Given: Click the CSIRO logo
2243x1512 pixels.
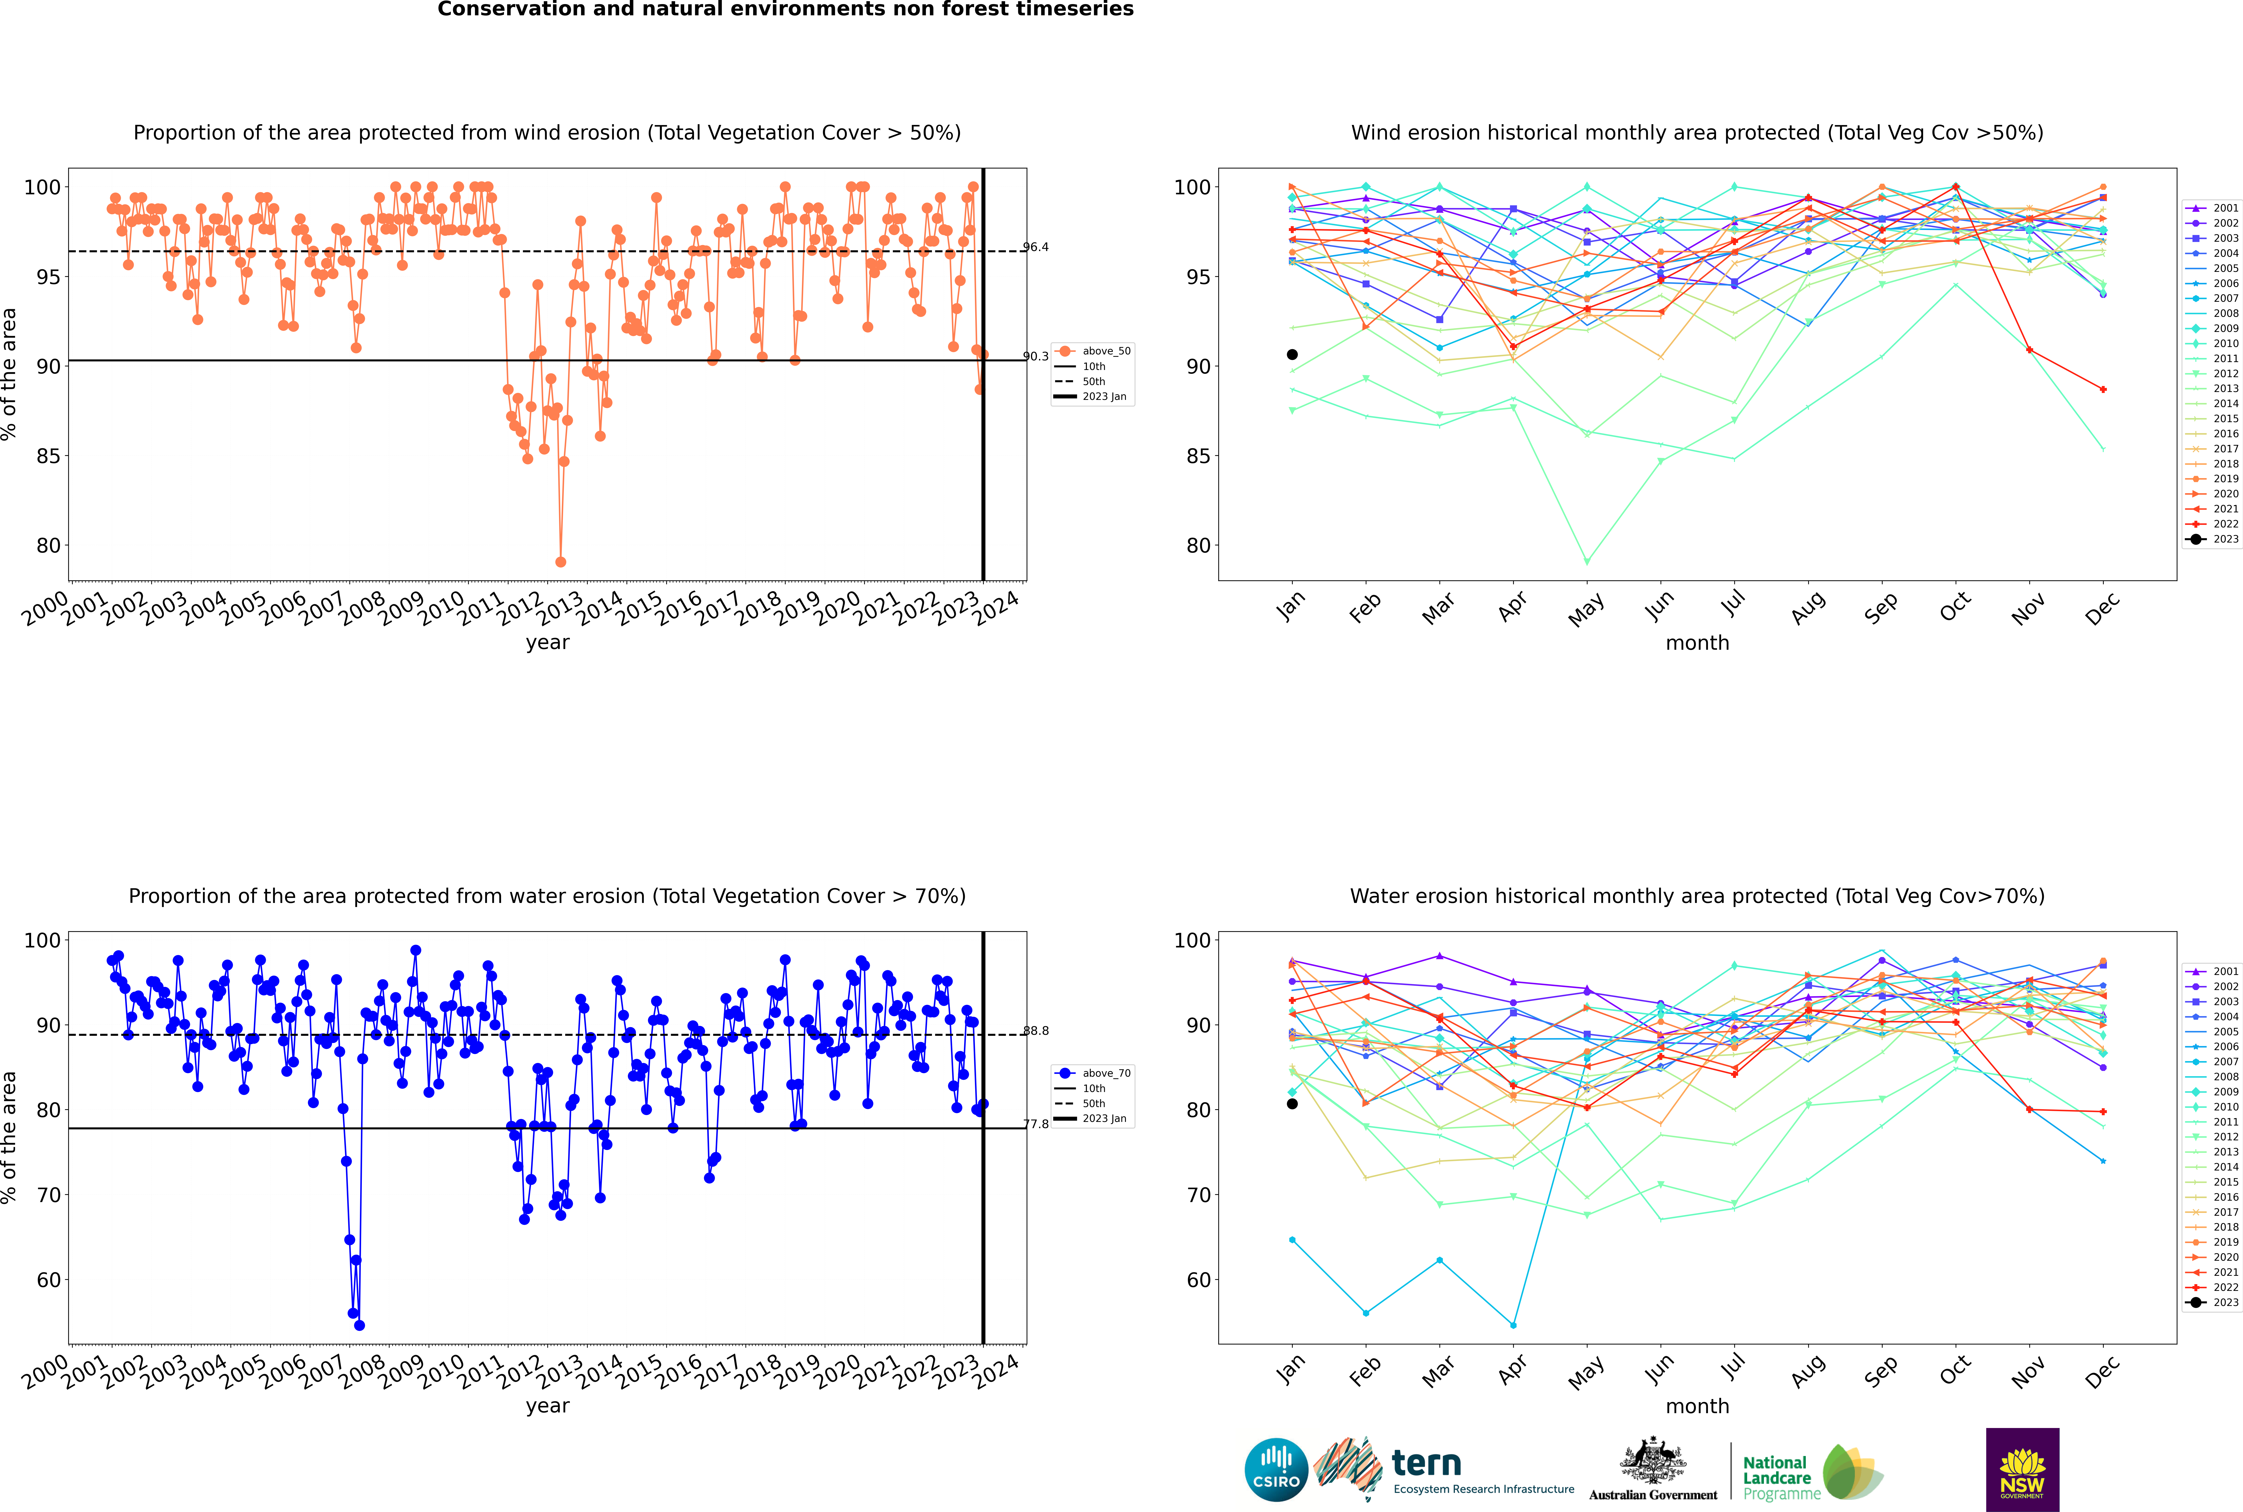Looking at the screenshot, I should click(1276, 1470).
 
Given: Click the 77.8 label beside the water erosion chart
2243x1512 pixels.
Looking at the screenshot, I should click(1036, 1124).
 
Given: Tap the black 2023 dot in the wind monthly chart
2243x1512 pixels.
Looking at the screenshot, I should click(1292, 355).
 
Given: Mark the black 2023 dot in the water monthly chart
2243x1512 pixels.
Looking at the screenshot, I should click(1292, 1104).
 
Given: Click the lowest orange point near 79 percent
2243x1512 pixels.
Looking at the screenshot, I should click(561, 562).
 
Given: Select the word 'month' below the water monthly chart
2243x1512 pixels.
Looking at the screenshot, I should click(1697, 1406).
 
